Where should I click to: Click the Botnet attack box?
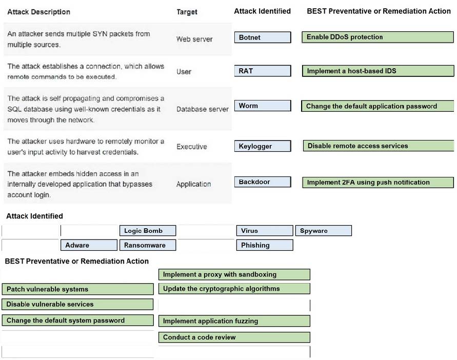tap(263, 37)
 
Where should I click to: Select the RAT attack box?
tap(263, 71)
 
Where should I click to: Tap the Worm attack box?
tap(263, 106)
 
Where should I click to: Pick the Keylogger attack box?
tap(263, 146)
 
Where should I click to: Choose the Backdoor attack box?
tap(263, 182)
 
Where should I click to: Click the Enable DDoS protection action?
tap(377, 37)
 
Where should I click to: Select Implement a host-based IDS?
tap(378, 71)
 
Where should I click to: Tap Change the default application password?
tap(377, 106)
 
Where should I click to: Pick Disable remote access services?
tap(379, 146)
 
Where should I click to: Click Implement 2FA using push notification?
tap(378, 183)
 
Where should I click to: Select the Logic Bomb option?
tap(148, 231)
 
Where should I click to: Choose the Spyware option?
tap(324, 231)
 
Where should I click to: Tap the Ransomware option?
tap(148, 245)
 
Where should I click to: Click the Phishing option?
tap(265, 245)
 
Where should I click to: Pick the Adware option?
tap(89, 245)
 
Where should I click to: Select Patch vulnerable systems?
tap(77, 289)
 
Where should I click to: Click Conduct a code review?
tap(234, 337)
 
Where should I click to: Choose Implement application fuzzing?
tap(234, 321)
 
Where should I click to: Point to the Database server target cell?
tap(203, 109)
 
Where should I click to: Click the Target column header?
tap(187, 12)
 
